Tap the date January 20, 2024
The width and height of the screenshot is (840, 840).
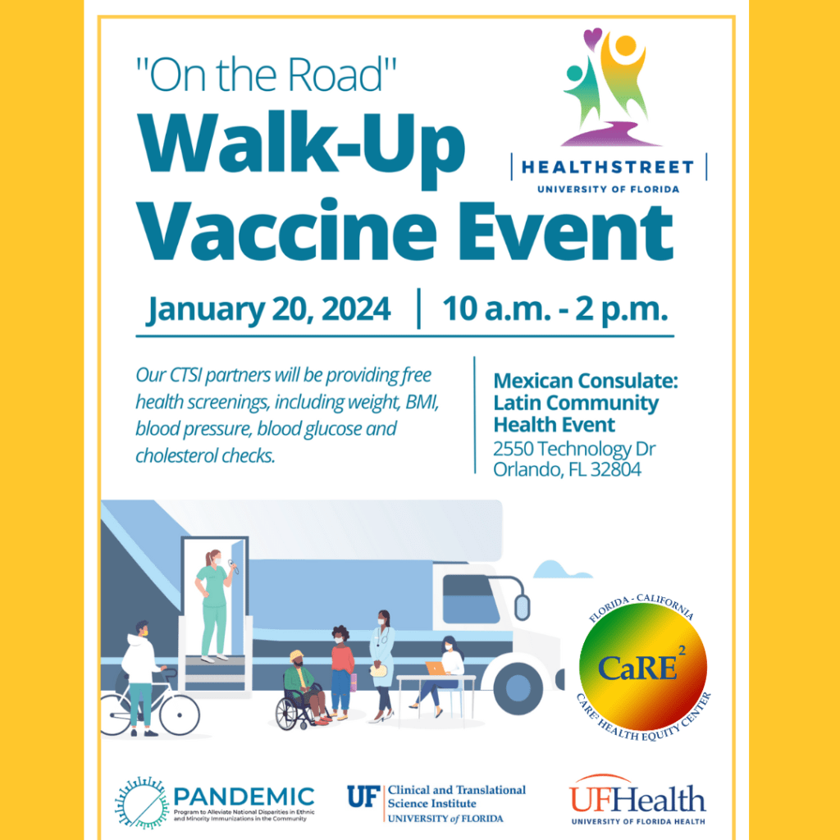(268, 309)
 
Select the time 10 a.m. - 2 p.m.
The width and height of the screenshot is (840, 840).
(555, 309)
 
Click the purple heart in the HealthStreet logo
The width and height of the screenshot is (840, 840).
(593, 39)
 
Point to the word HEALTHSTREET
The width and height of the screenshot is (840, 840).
(608, 167)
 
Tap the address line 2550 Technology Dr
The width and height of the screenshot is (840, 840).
(574, 449)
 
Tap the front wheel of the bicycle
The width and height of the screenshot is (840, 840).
(180, 714)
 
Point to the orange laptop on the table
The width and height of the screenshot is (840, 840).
(436, 669)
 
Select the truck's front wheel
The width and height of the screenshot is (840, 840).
(518, 688)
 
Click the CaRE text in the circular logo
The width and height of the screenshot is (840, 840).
(637, 668)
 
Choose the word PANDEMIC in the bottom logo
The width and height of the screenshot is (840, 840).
(244, 797)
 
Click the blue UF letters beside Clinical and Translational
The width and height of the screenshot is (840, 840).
(363, 797)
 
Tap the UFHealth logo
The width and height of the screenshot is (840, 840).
(637, 800)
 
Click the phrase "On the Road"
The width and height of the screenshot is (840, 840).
(267, 75)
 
